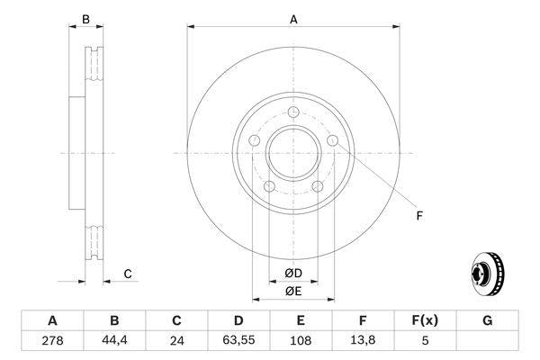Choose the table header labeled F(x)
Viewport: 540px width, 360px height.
pos(425,320)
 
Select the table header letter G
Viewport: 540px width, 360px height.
pos(487,320)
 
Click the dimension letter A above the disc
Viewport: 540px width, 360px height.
pos(293,17)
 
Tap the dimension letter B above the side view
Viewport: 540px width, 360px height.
pos(86,18)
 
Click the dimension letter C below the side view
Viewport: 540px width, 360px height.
pos(128,274)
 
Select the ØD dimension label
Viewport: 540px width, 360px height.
pos(293,273)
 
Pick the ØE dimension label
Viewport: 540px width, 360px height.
pos(293,291)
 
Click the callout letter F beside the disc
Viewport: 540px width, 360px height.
pos(418,215)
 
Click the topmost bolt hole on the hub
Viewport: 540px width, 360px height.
pos(294,112)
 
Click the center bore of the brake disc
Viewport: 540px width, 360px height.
pos(293,153)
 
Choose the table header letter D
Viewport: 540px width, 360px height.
pos(238,320)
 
